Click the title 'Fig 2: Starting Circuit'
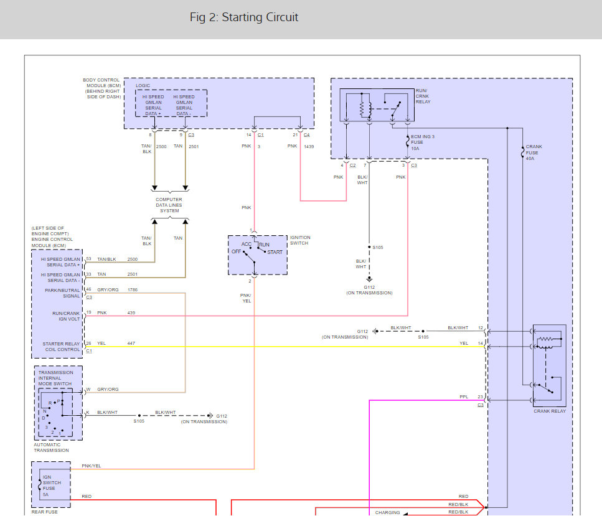(x=243, y=17)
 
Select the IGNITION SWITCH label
(x=300, y=240)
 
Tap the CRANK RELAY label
(x=550, y=411)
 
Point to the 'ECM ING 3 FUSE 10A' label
(x=423, y=143)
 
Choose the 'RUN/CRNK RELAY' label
(x=423, y=96)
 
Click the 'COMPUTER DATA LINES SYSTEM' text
(x=169, y=205)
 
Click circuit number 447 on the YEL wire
(x=131, y=343)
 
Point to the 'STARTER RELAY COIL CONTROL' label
(x=61, y=346)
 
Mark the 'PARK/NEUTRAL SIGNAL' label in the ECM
(x=63, y=293)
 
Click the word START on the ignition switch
(x=275, y=252)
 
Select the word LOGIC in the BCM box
(x=143, y=86)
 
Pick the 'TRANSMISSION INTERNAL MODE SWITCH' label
(x=55, y=378)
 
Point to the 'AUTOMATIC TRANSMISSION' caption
(x=51, y=448)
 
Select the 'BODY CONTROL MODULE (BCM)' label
(x=102, y=88)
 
